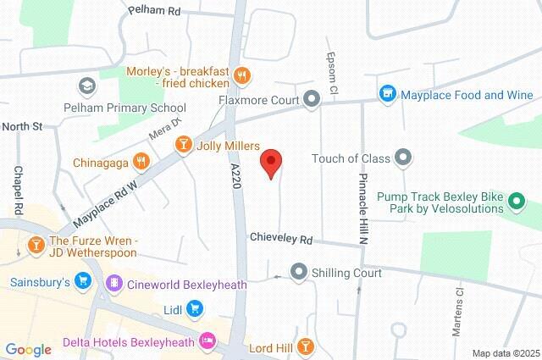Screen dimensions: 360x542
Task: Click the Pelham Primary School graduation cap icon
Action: coord(86,86)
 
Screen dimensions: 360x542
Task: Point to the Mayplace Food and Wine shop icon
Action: coord(388,95)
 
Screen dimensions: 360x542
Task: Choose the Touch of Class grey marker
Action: coord(403,158)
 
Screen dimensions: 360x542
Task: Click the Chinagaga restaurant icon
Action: coord(142,159)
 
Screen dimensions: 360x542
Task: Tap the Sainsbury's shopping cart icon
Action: coord(82,280)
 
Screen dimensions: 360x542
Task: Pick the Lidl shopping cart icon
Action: coord(196,309)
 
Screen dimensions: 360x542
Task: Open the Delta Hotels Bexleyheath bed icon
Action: coord(207,342)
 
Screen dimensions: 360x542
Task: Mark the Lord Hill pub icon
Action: coord(307,346)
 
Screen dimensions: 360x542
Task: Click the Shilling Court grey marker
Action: coord(298,273)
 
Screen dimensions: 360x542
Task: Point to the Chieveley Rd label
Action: coord(281,240)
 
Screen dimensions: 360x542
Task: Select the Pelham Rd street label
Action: coord(156,11)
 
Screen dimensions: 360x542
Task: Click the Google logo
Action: coord(29,349)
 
